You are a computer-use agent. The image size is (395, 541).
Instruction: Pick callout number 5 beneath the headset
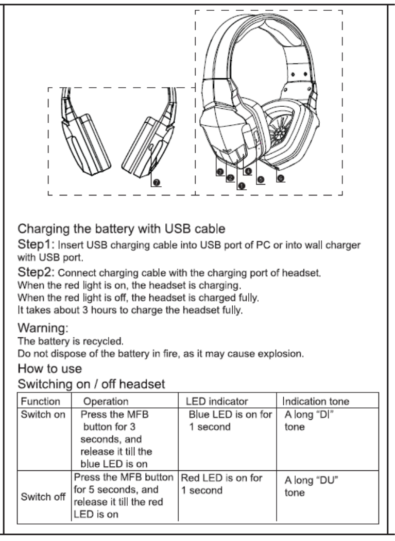click(260, 179)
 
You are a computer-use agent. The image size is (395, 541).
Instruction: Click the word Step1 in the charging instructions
click(35, 243)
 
